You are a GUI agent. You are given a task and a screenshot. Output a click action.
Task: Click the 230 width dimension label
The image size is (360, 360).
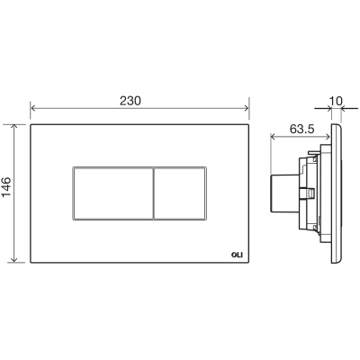point(130,101)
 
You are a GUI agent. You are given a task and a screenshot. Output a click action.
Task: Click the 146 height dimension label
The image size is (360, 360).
point(6,187)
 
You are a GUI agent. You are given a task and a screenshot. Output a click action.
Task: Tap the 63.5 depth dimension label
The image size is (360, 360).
point(301,129)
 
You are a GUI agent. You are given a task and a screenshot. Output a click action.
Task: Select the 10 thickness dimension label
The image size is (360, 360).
point(336,101)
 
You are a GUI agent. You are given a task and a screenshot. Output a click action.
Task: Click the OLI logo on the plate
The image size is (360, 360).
point(237,255)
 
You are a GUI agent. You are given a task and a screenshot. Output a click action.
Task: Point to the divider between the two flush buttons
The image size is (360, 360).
point(153,193)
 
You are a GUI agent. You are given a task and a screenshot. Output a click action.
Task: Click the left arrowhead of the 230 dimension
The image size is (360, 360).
point(33,108)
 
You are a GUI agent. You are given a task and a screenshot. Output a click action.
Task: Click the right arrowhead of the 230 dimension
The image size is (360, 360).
point(246,108)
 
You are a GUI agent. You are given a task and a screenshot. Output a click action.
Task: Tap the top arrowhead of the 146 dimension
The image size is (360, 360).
point(13,127)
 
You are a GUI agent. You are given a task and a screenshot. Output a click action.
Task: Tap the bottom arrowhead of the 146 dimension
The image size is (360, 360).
point(13,260)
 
